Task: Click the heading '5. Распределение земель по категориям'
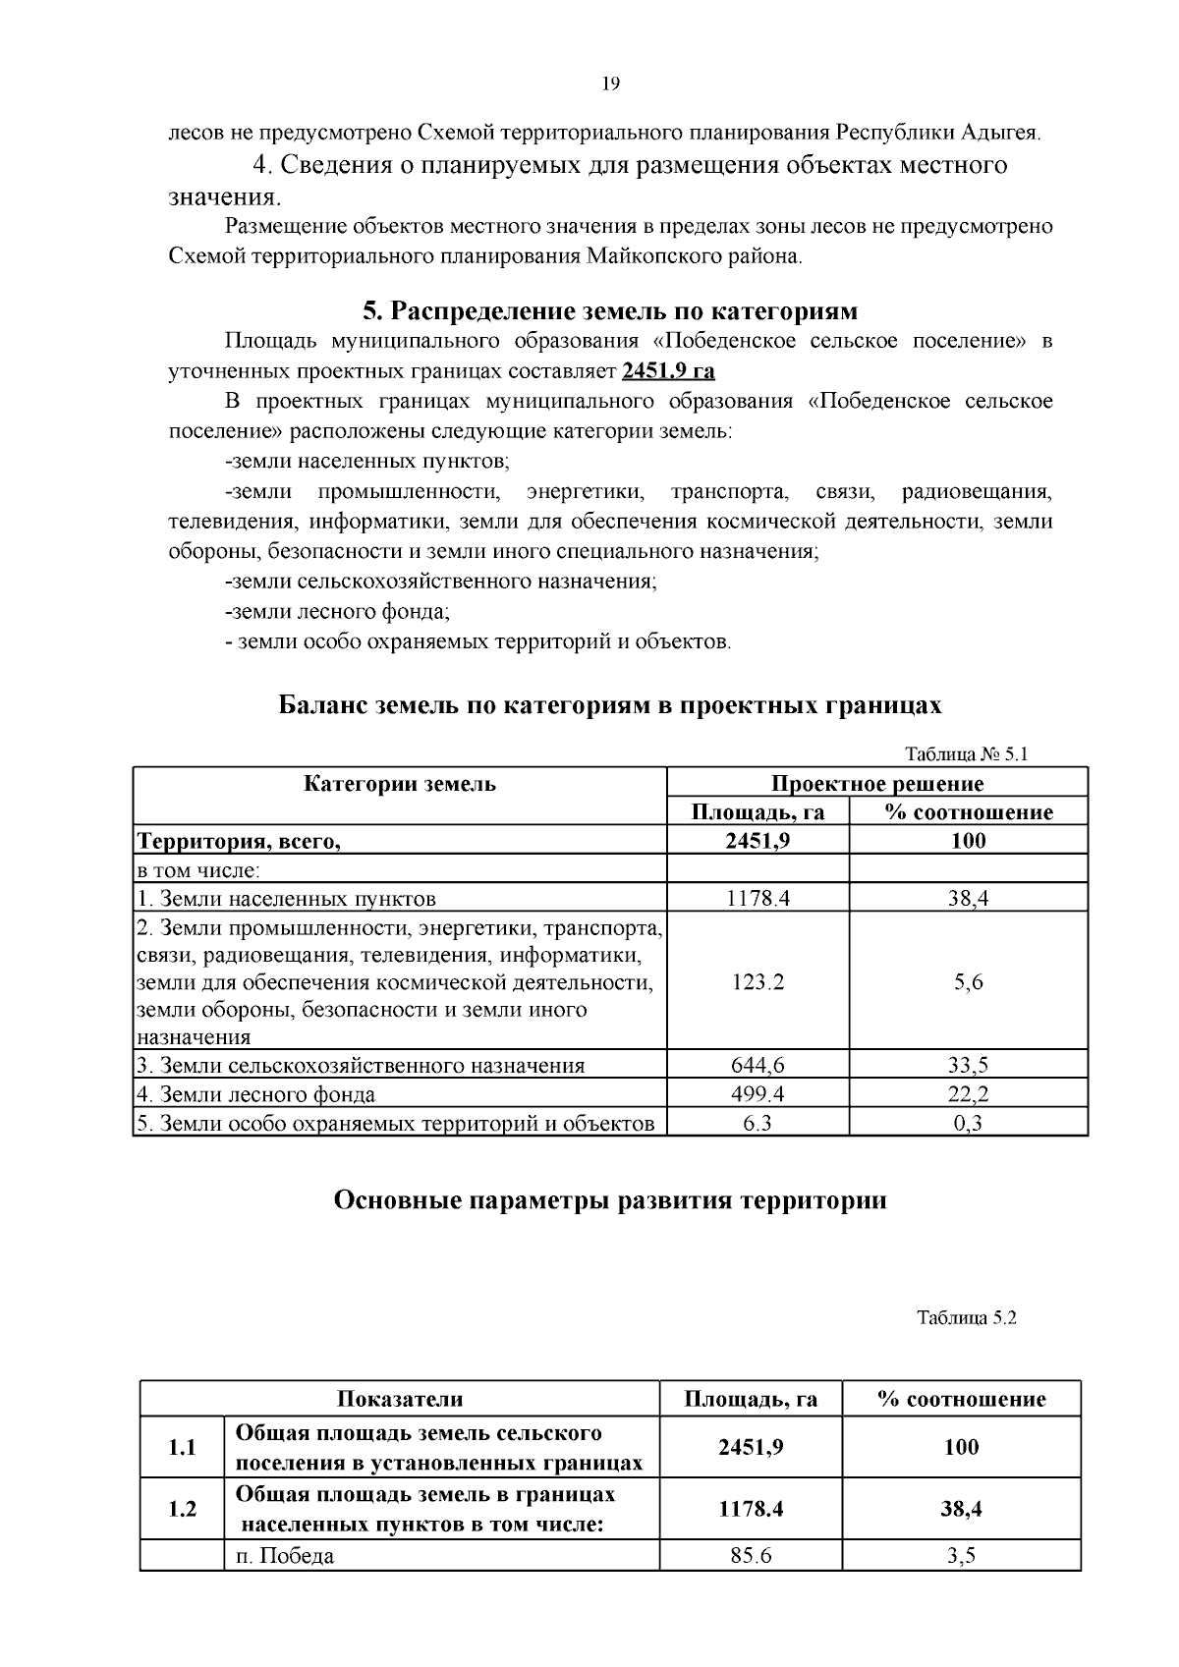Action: [610, 311]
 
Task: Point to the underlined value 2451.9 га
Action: [668, 371]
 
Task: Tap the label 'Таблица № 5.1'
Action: [965, 754]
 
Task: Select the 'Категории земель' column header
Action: [400, 784]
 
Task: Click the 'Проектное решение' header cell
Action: [876, 784]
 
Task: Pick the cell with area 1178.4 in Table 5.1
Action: [758, 898]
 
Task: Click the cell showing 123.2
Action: [758, 981]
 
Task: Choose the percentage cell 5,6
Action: [968, 981]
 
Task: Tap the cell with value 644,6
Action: [758, 1065]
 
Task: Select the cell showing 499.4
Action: [758, 1093]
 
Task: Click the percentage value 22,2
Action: [968, 1093]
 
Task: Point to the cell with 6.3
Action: [758, 1123]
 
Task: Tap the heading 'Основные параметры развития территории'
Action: [610, 1200]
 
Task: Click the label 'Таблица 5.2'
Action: [966, 1318]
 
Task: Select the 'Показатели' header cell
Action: [400, 1399]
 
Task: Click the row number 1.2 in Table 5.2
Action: [182, 1509]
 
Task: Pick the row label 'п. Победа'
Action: [285, 1556]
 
